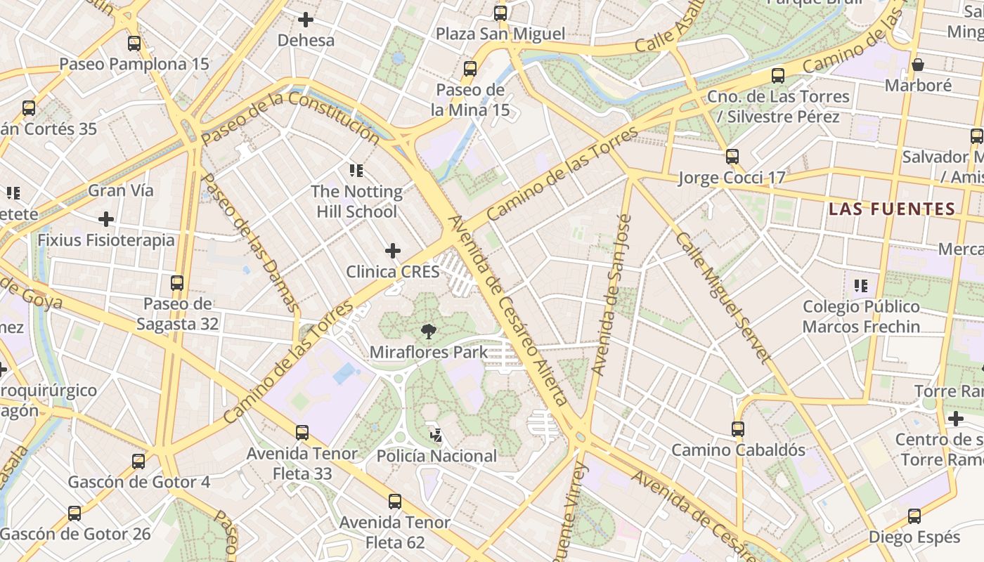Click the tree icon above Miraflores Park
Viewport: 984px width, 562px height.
click(x=428, y=332)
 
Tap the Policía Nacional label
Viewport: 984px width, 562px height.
click(x=436, y=456)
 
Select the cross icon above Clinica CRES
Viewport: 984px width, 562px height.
click(x=393, y=251)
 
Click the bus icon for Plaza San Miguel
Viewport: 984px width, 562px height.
click(x=500, y=13)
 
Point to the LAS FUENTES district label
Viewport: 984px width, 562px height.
click(x=891, y=209)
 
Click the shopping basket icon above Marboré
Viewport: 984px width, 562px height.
click(x=917, y=65)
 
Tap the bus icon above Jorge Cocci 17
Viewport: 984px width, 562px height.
click(x=732, y=157)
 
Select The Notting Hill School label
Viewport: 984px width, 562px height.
click(x=356, y=202)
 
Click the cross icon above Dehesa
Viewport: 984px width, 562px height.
click(x=306, y=20)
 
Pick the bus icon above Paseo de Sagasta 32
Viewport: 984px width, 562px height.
click(x=177, y=283)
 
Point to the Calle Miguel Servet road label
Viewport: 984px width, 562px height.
click(x=723, y=298)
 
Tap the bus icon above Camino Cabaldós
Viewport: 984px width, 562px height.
click(x=737, y=429)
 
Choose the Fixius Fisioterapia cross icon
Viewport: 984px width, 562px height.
click(x=106, y=219)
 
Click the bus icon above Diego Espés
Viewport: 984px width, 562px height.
click(x=914, y=516)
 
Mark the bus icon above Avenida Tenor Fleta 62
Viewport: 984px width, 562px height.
click(x=395, y=502)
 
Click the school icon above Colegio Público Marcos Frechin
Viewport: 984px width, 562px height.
click(x=861, y=286)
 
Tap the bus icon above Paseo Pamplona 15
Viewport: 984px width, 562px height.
click(x=134, y=44)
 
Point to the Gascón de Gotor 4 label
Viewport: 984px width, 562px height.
click(x=138, y=482)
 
